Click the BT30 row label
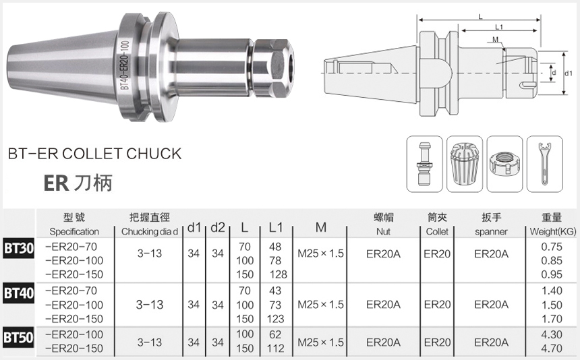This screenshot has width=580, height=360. click(18, 248)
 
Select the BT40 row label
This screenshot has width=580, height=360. click(18, 293)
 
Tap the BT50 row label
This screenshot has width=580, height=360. click(18, 338)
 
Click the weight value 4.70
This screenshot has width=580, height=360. click(552, 348)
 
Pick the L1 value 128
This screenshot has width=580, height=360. click(278, 274)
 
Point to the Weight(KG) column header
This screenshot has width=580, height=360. click(552, 232)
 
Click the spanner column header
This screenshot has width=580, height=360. click(491, 232)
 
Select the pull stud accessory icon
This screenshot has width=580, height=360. click(424, 164)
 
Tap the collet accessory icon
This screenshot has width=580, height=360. click(464, 164)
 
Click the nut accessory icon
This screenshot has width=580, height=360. click(504, 164)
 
